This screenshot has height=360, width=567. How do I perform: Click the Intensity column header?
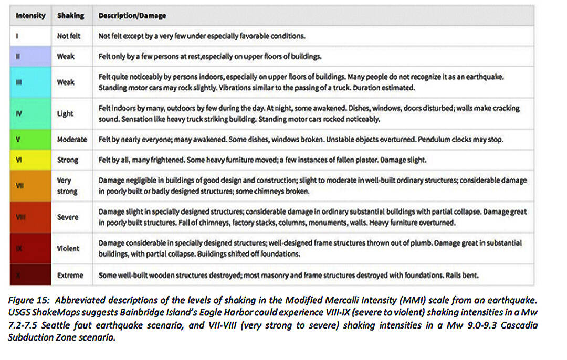point(30,15)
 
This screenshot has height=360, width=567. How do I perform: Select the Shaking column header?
point(70,15)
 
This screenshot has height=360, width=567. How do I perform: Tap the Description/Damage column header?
point(132,15)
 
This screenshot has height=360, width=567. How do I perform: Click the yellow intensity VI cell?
point(31,160)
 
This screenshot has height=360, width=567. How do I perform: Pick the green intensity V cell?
point(31,140)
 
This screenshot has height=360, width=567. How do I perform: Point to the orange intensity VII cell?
point(31,185)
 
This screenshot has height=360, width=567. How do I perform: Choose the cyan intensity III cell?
point(31,82)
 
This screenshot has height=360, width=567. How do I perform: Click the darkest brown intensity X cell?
point(31,275)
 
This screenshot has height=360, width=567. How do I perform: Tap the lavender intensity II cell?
point(31,56)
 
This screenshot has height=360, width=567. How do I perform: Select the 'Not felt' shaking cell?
point(68,36)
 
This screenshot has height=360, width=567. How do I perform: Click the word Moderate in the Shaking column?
point(72,140)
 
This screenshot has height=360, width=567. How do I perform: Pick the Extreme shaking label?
point(70,275)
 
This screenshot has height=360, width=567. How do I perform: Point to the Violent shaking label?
point(69,248)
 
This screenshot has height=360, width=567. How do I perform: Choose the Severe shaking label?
point(68,217)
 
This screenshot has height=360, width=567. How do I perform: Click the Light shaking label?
point(65,113)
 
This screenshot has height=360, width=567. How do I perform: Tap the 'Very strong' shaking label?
point(67,185)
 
